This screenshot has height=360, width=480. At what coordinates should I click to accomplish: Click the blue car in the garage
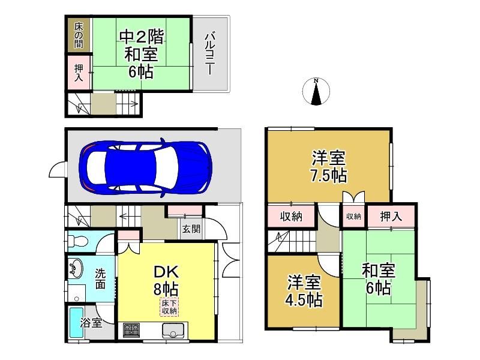coord(145,167)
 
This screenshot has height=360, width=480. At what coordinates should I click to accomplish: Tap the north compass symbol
coord(316,91)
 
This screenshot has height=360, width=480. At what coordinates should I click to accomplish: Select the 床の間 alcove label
coord(79,35)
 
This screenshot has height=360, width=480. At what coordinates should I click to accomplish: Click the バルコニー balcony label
coord(209,54)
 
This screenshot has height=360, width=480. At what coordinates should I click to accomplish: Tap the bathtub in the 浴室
coord(76,322)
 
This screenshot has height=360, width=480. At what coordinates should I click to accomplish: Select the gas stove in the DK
coord(131,330)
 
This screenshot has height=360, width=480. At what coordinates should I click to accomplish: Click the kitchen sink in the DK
coord(173,331)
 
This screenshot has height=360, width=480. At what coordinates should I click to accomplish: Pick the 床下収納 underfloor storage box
coord(169,307)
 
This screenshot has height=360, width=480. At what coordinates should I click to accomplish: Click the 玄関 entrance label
coord(191,229)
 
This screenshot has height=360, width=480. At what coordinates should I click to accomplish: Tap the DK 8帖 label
coord(166,280)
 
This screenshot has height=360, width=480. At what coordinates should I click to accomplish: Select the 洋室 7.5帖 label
coord(329,166)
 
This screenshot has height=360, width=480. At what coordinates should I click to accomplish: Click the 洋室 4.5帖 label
coord(304,291)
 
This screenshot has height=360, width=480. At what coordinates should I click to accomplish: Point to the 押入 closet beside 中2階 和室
coord(79,72)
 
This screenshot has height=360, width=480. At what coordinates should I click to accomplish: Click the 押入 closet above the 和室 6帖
coord(391,217)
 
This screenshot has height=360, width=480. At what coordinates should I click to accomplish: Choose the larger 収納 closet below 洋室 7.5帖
coord(291,217)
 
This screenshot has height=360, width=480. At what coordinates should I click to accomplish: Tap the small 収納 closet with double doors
coord(353,217)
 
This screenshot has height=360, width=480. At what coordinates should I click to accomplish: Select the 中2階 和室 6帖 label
coord(141,54)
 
